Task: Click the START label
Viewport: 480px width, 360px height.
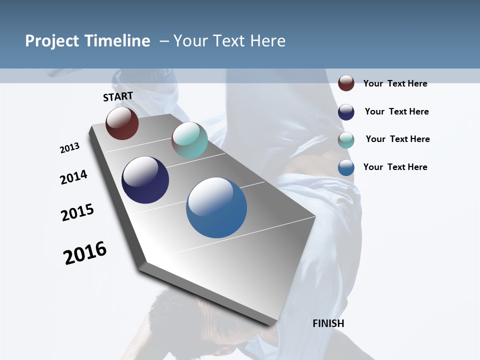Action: tap(118, 96)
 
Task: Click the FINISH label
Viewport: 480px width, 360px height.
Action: tap(328, 323)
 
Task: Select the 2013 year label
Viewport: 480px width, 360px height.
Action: tap(69, 148)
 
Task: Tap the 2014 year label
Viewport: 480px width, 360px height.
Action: tap(73, 177)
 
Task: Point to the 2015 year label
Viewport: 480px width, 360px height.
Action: tap(77, 212)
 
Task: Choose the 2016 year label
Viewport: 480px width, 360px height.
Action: tap(85, 253)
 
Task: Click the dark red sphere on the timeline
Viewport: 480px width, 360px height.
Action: tap(122, 123)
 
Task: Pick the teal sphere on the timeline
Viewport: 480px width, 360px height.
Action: tap(189, 140)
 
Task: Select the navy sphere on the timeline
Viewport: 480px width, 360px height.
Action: tap(145, 180)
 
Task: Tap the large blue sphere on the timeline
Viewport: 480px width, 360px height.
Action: tap(216, 207)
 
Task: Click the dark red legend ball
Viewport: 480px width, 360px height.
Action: tap(346, 83)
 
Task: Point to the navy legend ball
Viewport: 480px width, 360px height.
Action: tap(346, 112)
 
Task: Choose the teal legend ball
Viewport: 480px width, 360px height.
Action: tap(346, 140)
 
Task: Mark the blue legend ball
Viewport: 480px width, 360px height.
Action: tap(346, 167)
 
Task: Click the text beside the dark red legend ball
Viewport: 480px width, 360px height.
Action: tap(395, 83)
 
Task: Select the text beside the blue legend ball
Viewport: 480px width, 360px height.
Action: tap(395, 167)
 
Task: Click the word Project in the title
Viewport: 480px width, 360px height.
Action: tap(52, 41)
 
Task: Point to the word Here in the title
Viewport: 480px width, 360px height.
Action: tap(267, 41)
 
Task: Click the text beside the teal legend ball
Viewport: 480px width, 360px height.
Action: tap(397, 139)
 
